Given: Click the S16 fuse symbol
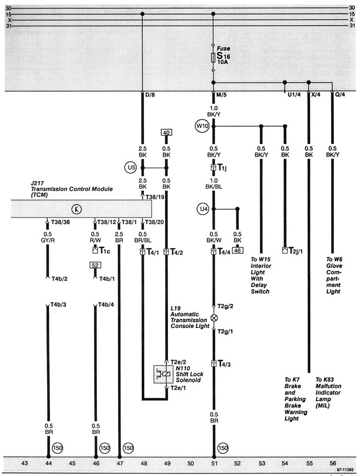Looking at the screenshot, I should click(x=214, y=58).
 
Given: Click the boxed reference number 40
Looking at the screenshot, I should click(x=166, y=133).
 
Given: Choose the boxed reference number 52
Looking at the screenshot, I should click(x=95, y=266).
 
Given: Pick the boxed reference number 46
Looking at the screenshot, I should click(x=237, y=251).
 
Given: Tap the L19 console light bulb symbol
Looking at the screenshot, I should click(x=214, y=317).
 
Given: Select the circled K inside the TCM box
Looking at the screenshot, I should click(x=75, y=208).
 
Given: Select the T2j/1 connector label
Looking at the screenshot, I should click(x=295, y=251).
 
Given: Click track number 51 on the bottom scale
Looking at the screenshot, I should click(x=214, y=463).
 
